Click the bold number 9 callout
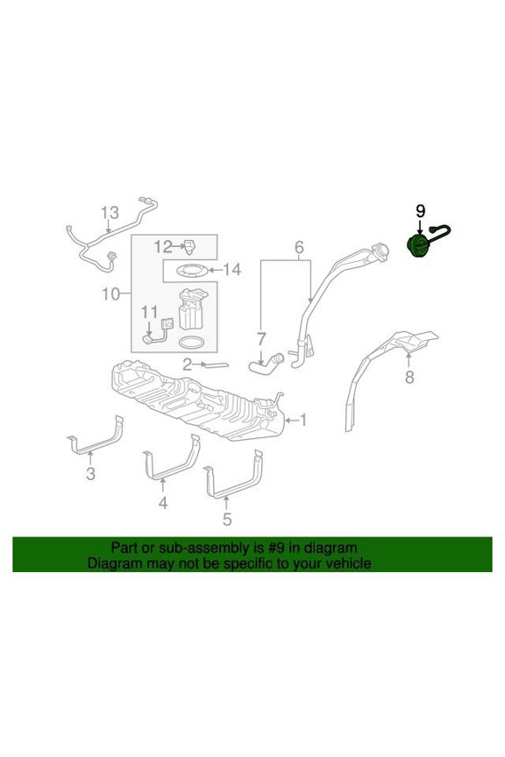421,211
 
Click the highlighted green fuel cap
417,247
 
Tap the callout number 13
110,212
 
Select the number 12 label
163,247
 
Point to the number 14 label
232,269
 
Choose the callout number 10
110,294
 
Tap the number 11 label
150,313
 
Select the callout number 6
299,248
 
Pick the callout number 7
261,339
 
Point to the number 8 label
409,377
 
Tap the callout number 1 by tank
303,420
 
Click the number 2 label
188,364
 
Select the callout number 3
91,474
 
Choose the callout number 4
163,503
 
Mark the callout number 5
227,520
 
